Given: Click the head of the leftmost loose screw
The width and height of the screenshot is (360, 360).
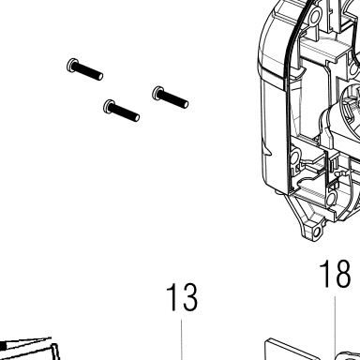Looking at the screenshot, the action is (x=71, y=66).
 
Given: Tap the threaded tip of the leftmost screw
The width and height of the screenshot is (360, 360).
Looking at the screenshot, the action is (x=100, y=76).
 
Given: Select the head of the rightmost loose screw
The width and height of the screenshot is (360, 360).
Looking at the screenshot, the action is (x=157, y=93).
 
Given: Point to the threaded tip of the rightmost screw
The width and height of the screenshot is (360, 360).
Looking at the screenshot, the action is (x=186, y=103).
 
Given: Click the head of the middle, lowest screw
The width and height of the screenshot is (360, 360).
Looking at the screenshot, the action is (x=108, y=107).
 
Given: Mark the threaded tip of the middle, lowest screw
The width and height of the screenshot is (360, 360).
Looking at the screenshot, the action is (x=137, y=117).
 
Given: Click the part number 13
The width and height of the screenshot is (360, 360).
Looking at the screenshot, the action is (x=182, y=297).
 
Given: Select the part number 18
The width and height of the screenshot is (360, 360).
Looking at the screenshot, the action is (x=335, y=274).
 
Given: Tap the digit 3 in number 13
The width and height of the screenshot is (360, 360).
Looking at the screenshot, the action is (x=189, y=297).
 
